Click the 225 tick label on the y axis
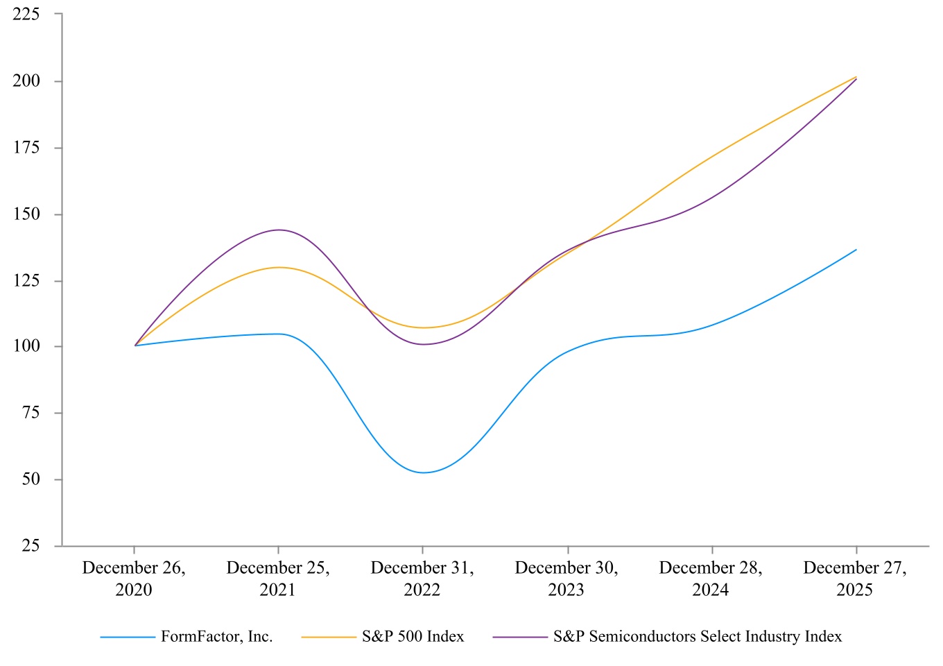click(x=26, y=14)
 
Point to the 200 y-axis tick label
click(x=26, y=80)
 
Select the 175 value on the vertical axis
click(x=26, y=147)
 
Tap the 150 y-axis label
click(x=26, y=214)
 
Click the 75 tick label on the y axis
click(x=31, y=413)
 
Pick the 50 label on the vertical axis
click(x=31, y=479)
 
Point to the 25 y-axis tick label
click(x=31, y=545)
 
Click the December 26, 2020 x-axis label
click(x=134, y=579)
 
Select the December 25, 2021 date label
click(x=278, y=579)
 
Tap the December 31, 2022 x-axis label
click(x=422, y=579)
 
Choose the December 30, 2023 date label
click(x=566, y=579)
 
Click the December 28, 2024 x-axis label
click(x=711, y=579)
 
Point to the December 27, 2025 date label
click(x=855, y=579)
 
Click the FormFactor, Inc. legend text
click(x=216, y=637)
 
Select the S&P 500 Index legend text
click(x=413, y=637)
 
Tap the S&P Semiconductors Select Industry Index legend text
click(x=697, y=637)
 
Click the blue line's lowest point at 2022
click(x=423, y=472)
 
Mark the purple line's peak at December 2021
click(x=279, y=230)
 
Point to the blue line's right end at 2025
click(x=856, y=250)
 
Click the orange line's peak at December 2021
click(x=279, y=267)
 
